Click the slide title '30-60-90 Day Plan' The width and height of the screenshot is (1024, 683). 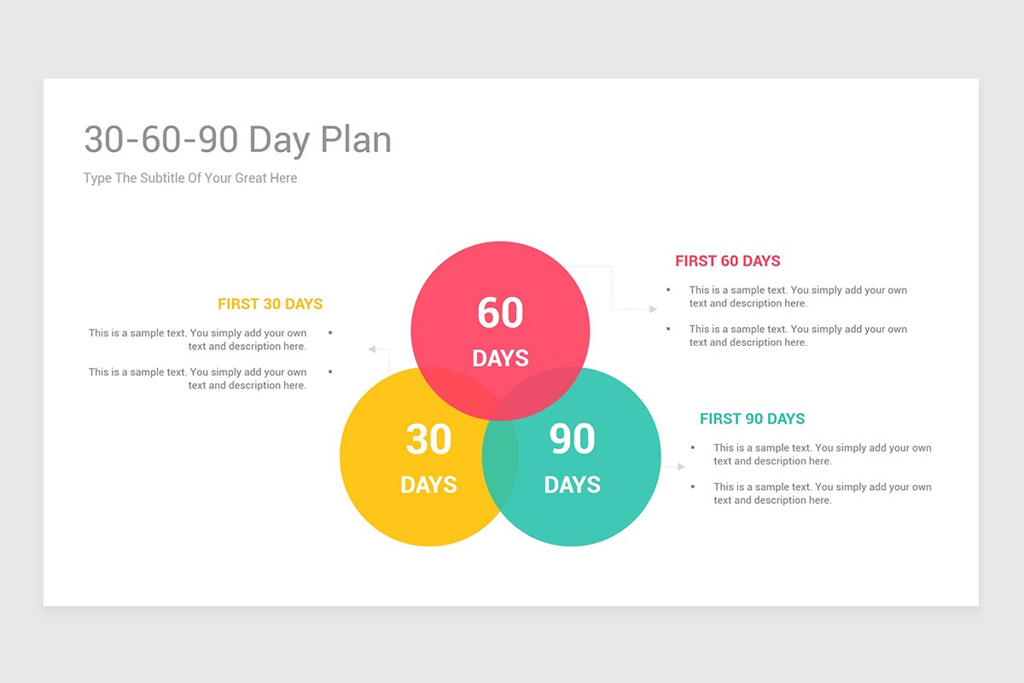(237, 140)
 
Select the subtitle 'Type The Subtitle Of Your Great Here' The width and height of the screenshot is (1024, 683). (190, 178)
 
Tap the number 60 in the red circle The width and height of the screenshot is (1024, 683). (500, 312)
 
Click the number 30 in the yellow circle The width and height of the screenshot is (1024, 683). (428, 440)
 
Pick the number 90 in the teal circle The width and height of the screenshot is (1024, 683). (572, 440)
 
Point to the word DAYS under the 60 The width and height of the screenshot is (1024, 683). (500, 359)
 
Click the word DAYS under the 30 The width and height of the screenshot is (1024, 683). (428, 485)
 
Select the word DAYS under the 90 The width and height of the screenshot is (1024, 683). (572, 485)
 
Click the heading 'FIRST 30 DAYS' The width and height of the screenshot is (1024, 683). (270, 304)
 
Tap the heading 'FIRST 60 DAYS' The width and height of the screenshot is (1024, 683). (727, 261)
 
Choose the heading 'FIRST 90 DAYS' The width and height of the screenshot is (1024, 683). (752, 419)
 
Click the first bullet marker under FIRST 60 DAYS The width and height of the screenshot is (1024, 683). (668, 290)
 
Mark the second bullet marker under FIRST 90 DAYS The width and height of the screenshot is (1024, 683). (693, 487)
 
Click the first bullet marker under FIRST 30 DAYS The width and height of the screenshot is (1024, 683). (330, 333)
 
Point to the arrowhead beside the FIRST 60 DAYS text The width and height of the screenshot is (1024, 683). (653, 309)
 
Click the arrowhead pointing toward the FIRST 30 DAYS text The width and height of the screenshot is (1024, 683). (372, 349)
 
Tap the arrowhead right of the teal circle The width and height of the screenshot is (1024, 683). (681, 467)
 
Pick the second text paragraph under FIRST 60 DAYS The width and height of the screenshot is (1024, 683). (797, 336)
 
